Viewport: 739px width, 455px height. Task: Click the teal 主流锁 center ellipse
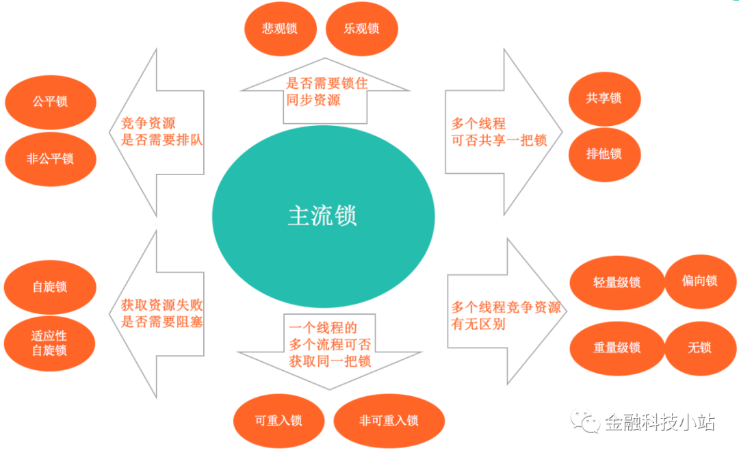pos(323,216)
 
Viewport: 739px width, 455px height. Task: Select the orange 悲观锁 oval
pos(280,29)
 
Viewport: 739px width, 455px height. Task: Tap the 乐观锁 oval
pos(361,29)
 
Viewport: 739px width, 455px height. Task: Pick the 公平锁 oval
pos(50,102)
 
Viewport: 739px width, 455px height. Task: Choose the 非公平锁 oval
pos(50,159)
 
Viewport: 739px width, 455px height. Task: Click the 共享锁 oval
pos(604,98)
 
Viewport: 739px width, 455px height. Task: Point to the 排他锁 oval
pos(604,153)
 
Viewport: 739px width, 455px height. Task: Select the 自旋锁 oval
pos(50,287)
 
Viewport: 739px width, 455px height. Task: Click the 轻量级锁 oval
pos(617,282)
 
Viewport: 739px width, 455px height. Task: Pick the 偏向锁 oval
pos(699,281)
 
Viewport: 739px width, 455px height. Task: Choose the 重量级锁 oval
pos(617,348)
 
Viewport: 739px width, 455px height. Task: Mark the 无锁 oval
pos(699,348)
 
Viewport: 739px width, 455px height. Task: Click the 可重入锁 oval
pos(278,421)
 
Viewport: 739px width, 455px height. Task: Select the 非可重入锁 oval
pos(389,421)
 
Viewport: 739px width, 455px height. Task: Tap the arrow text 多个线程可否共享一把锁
pos(499,132)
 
